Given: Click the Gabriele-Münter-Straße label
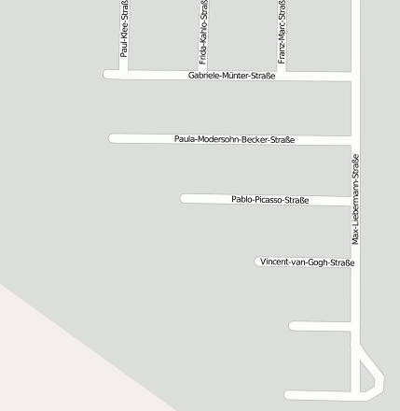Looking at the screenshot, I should point(231,76).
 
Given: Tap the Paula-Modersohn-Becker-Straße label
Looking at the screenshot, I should point(234,139).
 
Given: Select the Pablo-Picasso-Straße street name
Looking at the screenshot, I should point(269,200).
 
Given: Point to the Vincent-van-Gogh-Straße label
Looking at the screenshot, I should point(307,262).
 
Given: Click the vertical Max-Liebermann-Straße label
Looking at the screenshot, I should point(355,199).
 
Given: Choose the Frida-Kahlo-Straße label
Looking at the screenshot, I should point(203,31).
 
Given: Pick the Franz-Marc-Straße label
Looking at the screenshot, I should point(282,31).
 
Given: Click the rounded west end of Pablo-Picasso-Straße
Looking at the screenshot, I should point(185,198).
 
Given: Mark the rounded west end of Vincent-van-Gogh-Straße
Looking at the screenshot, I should point(259,262).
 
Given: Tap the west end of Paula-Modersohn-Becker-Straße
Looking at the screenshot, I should point(113,138).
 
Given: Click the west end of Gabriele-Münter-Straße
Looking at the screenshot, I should point(107,74).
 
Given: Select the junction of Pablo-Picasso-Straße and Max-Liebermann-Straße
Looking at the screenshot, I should point(355,201).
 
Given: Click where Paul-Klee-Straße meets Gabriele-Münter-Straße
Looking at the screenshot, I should point(123,74).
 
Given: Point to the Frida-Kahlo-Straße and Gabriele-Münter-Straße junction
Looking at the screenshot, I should point(203,75).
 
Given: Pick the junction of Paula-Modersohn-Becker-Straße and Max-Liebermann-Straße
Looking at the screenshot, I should point(355,140).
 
